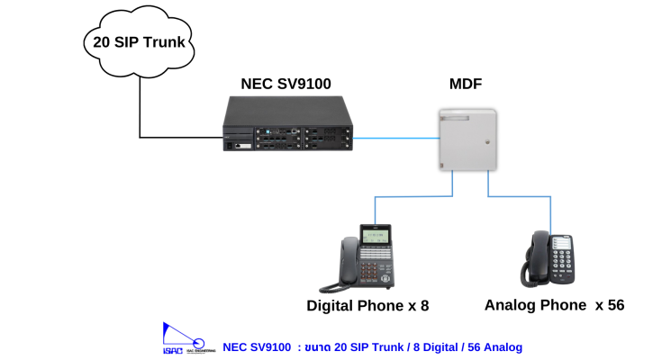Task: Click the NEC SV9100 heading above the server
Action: coord(286,84)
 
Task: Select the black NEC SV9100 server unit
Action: coord(287,126)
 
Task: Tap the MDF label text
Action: coord(465,84)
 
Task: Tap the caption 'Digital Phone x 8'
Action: coord(367,306)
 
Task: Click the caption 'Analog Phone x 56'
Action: coord(554,305)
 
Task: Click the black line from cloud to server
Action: coord(141,108)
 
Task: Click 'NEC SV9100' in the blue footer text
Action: coord(257,346)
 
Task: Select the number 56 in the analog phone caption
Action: coord(615,305)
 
